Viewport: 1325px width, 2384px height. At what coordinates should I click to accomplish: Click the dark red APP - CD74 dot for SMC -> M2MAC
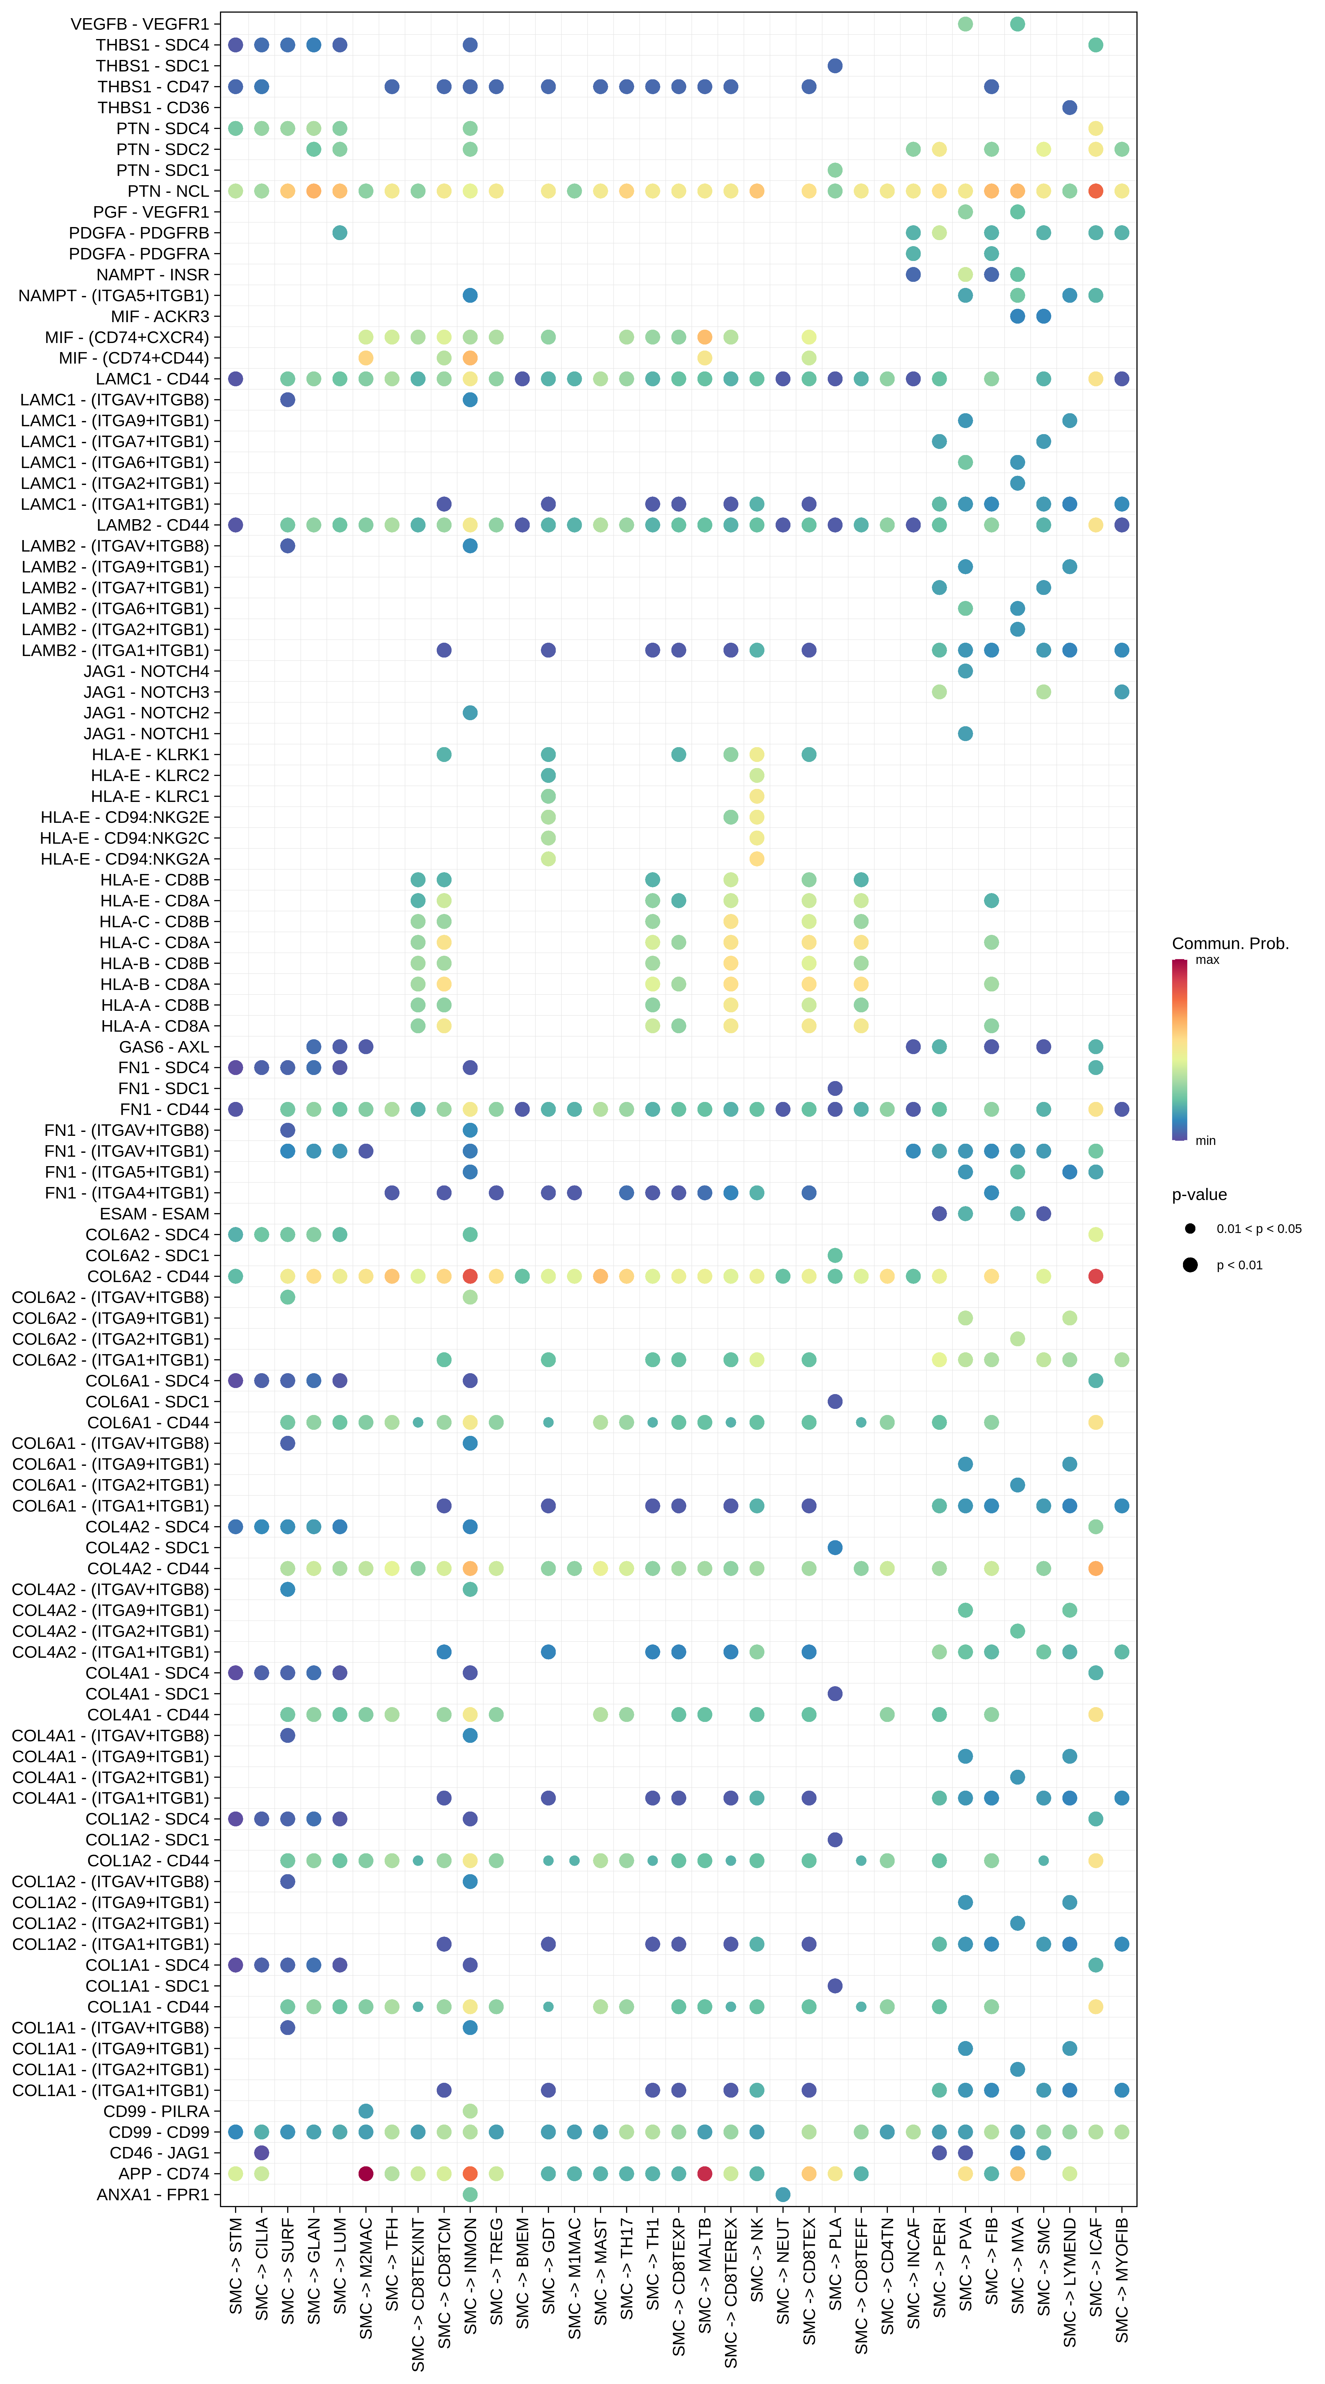pyautogui.click(x=366, y=2173)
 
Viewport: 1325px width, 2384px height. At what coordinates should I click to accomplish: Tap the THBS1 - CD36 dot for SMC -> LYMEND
pyautogui.click(x=1069, y=107)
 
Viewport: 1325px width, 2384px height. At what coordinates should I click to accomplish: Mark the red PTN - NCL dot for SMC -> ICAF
pyautogui.click(x=1095, y=191)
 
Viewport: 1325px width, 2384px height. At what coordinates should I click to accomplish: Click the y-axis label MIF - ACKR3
pyautogui.click(x=160, y=317)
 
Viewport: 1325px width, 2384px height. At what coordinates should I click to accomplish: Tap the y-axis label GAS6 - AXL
pyautogui.click(x=164, y=1047)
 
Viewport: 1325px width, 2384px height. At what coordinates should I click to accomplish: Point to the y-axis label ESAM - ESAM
pyautogui.click(x=155, y=1213)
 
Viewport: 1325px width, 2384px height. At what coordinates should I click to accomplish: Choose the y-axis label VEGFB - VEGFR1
pyautogui.click(x=140, y=24)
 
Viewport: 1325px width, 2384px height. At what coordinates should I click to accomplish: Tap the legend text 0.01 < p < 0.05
pyautogui.click(x=1258, y=1229)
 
